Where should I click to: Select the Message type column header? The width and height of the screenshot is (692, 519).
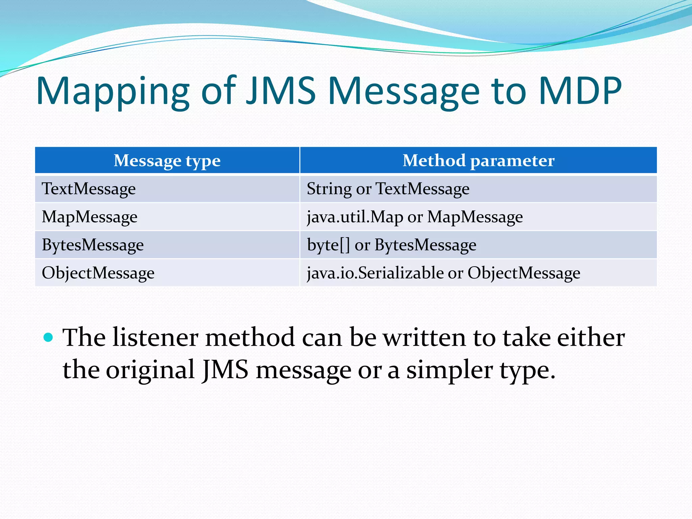tap(167, 160)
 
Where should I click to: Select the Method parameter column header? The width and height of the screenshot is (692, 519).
tap(478, 160)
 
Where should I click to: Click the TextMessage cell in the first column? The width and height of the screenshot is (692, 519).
tap(89, 189)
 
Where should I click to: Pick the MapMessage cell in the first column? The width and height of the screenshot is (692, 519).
tap(90, 217)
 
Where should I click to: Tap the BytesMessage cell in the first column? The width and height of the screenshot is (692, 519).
tap(93, 245)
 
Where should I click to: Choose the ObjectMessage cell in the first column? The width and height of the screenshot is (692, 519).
tap(98, 273)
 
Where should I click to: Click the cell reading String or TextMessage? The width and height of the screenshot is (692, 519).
tap(388, 189)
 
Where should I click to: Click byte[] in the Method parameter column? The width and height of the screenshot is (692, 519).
tap(328, 245)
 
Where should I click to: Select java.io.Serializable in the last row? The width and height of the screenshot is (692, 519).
tap(375, 273)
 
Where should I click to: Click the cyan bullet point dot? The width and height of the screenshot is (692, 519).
tap(49, 337)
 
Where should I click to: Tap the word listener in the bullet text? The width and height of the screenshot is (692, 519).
tap(155, 337)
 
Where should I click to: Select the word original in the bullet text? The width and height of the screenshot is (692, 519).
tap(150, 370)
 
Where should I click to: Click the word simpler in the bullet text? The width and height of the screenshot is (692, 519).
tap(449, 370)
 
